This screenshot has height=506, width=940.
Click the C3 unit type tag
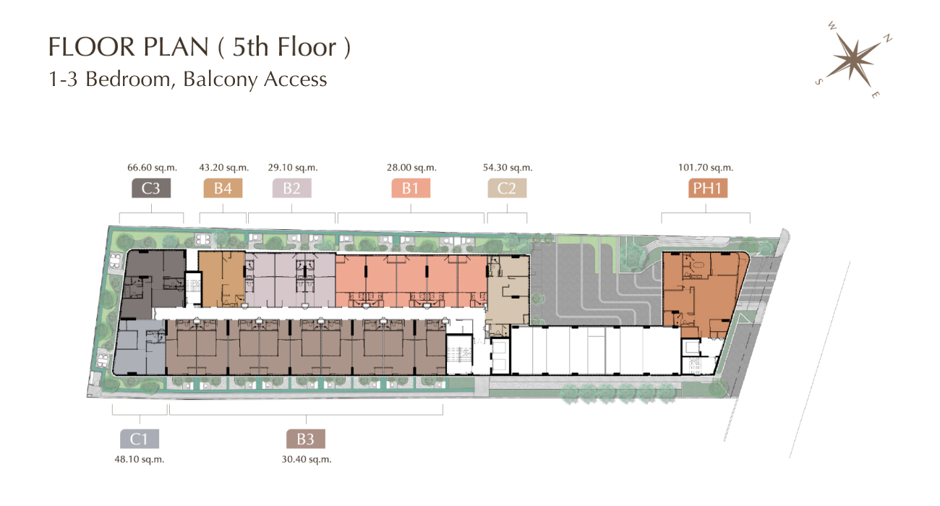click(x=151, y=188)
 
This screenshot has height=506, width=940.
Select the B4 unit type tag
click(x=223, y=188)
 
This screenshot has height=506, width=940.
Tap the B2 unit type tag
click(x=291, y=188)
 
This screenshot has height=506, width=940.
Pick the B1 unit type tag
click(x=411, y=188)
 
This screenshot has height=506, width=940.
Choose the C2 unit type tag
click(x=507, y=188)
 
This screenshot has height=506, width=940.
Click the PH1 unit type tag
click(x=707, y=188)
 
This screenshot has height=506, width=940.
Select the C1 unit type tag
click(x=140, y=439)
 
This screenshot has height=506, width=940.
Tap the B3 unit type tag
click(x=305, y=439)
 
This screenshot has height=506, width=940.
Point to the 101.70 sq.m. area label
click(x=706, y=168)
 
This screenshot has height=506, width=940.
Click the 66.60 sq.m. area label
click(x=153, y=168)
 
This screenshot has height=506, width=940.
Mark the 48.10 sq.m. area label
click(x=140, y=460)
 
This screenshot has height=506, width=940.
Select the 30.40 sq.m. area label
click(x=307, y=460)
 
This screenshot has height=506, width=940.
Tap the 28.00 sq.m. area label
click(x=411, y=168)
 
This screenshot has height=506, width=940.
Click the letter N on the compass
click(x=887, y=39)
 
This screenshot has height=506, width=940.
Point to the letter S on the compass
click(x=819, y=82)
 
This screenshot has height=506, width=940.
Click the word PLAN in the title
click(x=176, y=46)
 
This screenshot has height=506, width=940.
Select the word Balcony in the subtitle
click(x=220, y=80)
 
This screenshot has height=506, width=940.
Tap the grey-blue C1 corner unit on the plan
click(x=139, y=348)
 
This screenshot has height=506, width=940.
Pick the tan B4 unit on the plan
click(x=221, y=279)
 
